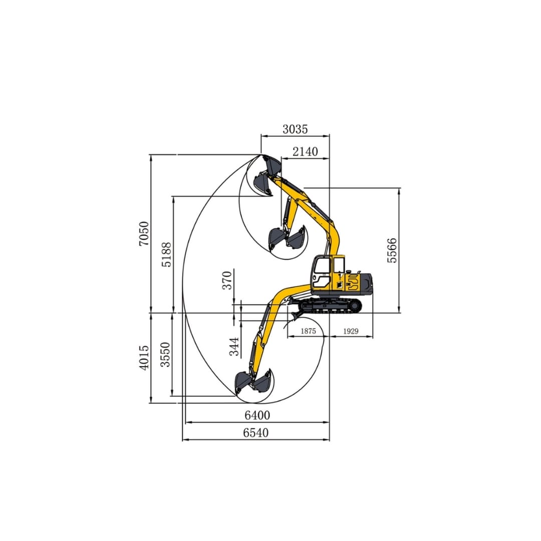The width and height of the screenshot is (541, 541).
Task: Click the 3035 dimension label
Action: tap(295, 129)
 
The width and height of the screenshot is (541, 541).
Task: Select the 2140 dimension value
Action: tap(306, 151)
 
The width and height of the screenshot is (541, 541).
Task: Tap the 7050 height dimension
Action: tap(144, 233)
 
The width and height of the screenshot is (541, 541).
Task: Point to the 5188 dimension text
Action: tap(166, 254)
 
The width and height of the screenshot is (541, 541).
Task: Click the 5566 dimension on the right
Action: tap(392, 250)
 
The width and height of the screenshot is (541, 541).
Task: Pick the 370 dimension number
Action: tap(227, 281)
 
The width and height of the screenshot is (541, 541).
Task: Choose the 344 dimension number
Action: tap(234, 347)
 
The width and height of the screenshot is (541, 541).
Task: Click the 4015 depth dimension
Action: tap(144, 358)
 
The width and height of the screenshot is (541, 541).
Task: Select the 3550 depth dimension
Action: tap(165, 355)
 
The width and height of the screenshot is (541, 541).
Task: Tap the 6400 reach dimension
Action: tap(257, 415)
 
